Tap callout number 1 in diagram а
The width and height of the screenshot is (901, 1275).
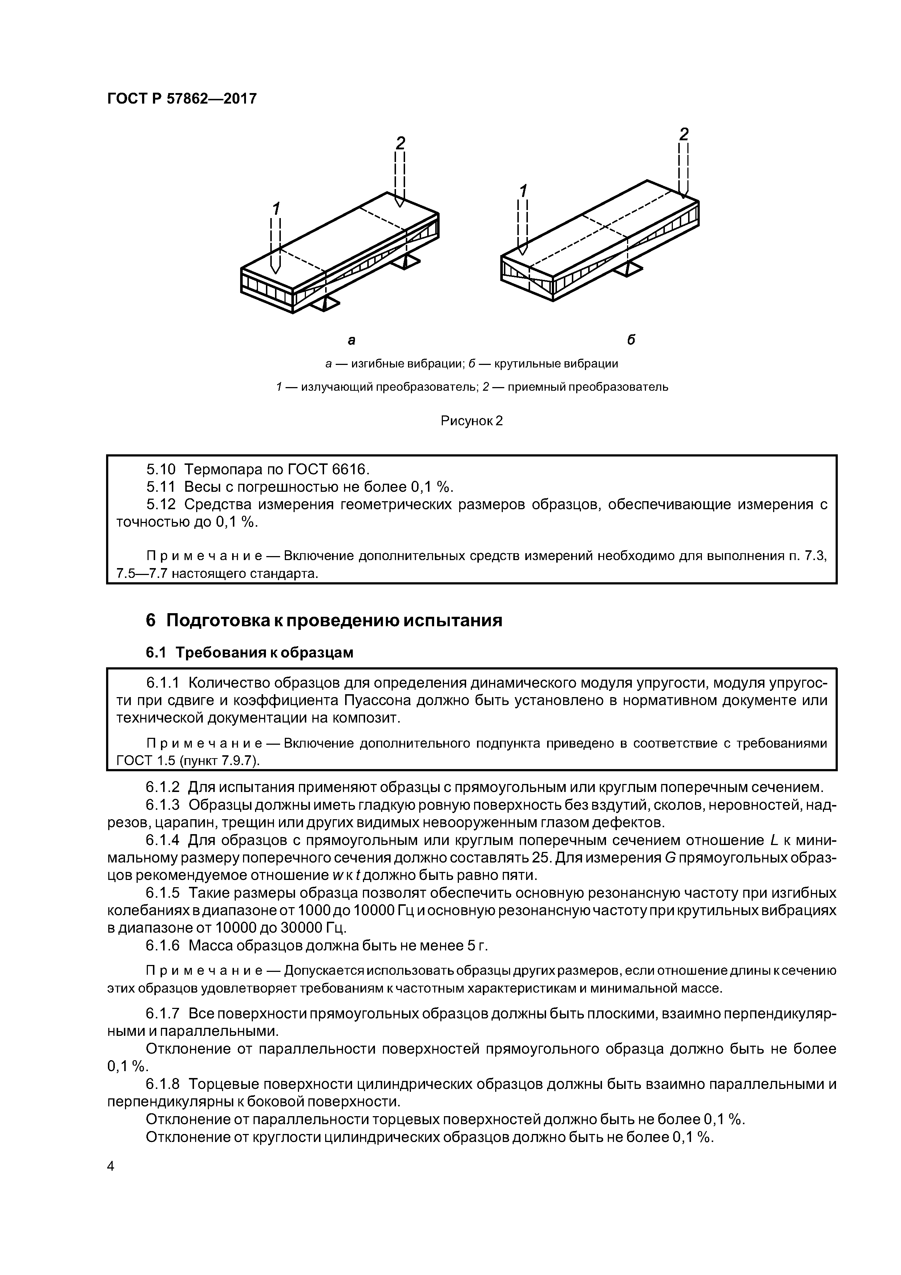pos(275,209)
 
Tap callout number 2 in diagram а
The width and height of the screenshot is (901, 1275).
pos(400,143)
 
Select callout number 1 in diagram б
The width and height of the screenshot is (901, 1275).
pos(522,190)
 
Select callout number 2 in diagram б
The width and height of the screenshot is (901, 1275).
pos(684,134)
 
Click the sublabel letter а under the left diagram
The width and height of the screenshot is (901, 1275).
pos(351,339)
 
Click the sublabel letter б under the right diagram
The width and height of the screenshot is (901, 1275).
pos(631,339)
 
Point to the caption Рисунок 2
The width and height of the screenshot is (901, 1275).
pos(471,421)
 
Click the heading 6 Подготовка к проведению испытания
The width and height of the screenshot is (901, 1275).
pos(324,620)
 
